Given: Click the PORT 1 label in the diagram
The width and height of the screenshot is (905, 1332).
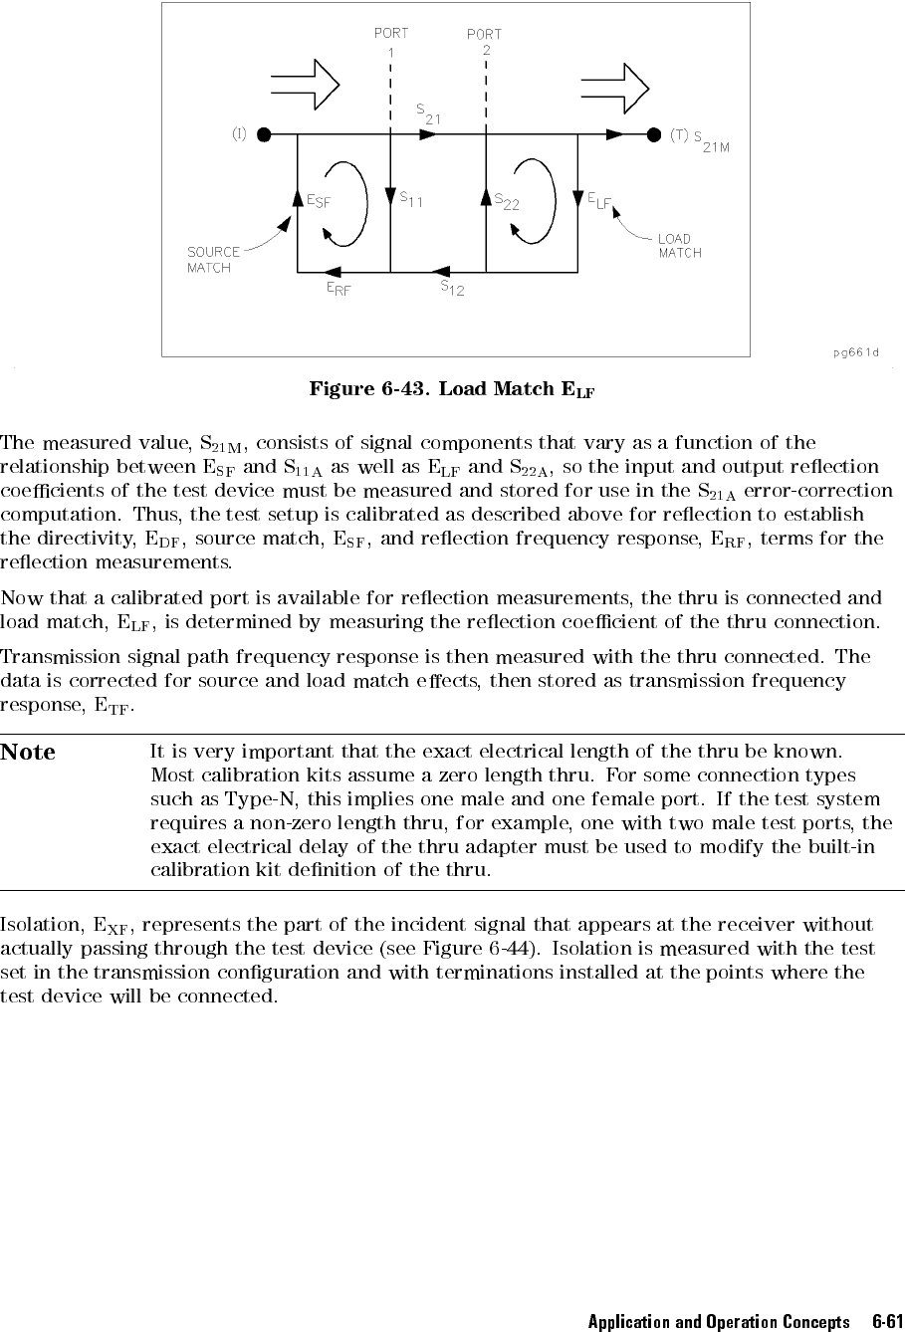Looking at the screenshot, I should tap(390, 42).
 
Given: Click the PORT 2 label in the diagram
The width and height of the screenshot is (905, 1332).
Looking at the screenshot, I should tap(485, 42).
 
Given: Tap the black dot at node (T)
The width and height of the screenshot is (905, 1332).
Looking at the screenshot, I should tap(653, 134).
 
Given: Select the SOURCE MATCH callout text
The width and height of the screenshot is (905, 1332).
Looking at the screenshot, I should tap(214, 260).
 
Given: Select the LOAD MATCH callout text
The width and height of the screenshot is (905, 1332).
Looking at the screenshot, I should tap(679, 246).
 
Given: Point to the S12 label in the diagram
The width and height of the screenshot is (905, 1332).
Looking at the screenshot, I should tap(452, 289).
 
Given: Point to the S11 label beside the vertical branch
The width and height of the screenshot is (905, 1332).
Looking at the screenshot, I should tap(412, 199).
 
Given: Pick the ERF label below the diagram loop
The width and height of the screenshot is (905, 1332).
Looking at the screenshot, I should tap(339, 290).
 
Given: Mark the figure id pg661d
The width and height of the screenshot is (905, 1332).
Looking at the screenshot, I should tap(856, 351).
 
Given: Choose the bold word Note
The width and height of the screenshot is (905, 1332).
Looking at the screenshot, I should tap(29, 753).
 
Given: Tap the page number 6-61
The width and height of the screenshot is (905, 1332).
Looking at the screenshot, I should tap(887, 1322).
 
